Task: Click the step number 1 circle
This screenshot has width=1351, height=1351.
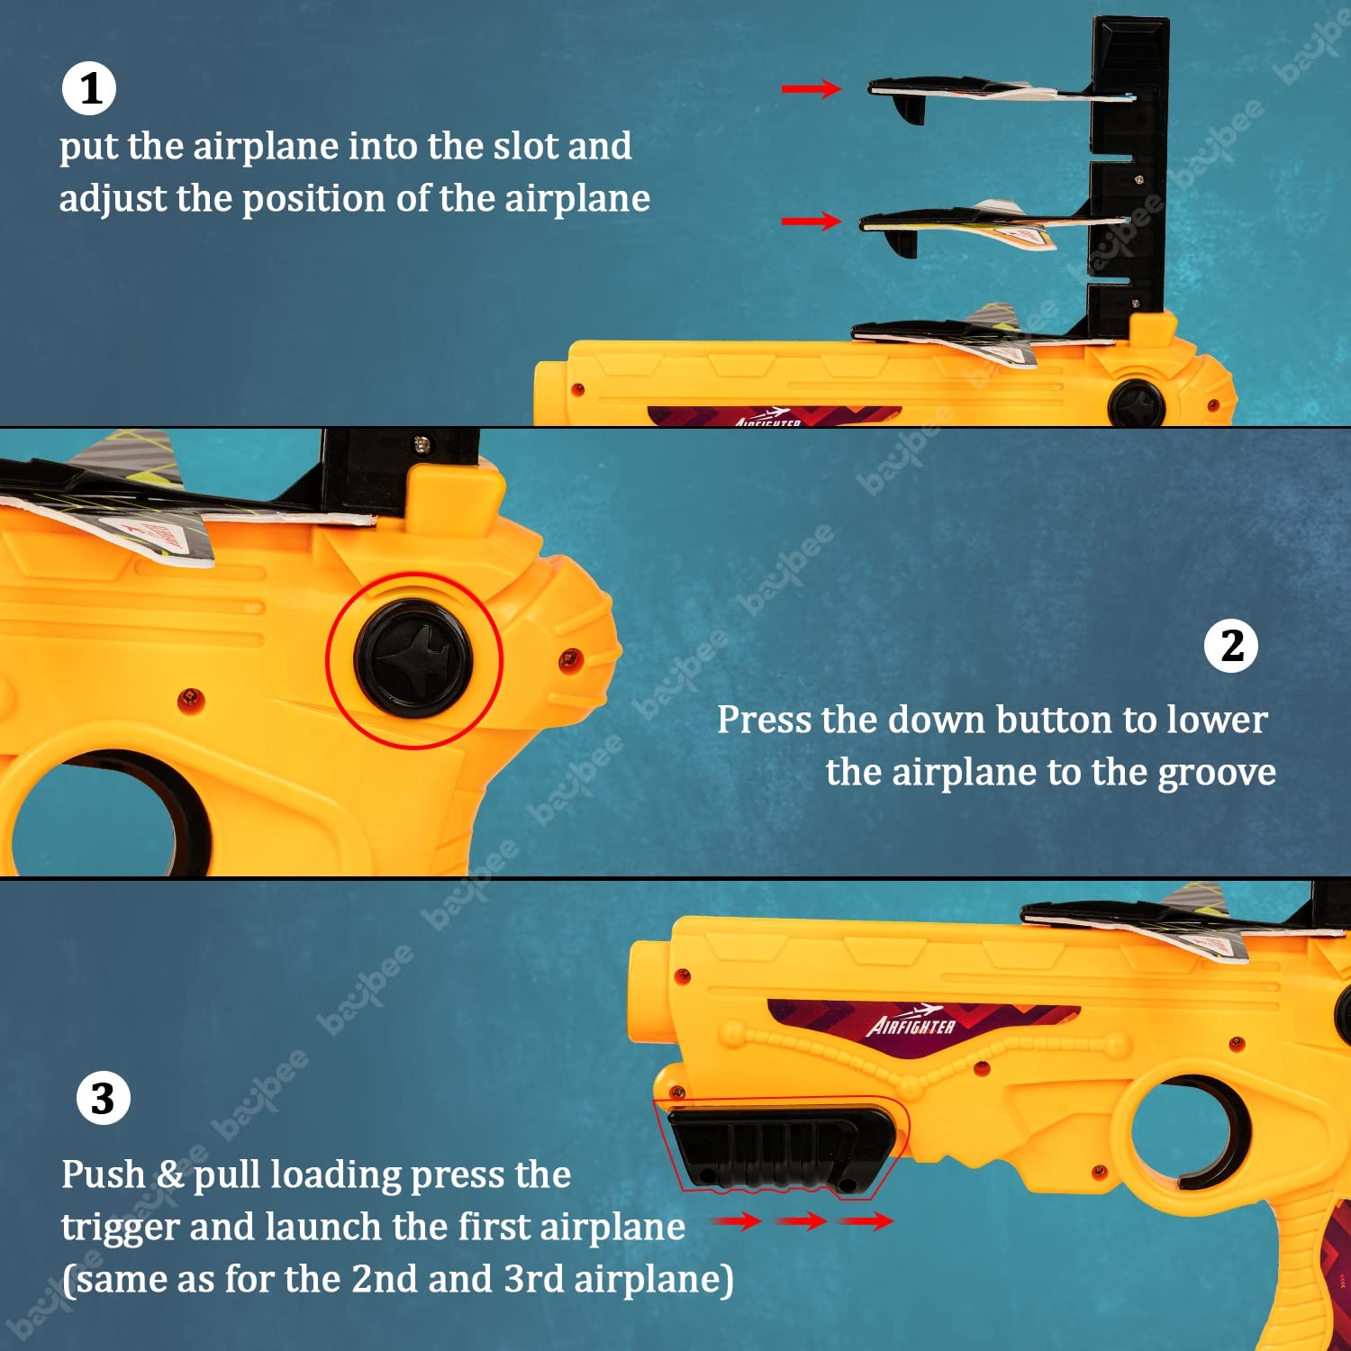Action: (x=89, y=88)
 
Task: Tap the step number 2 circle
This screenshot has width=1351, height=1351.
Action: (x=1231, y=646)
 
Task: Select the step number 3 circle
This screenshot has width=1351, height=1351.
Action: (x=103, y=1098)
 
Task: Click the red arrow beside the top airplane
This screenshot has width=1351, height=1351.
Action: (x=811, y=88)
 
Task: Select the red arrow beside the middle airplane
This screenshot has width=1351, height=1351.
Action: (x=811, y=221)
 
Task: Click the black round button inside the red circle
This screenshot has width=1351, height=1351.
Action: (x=413, y=659)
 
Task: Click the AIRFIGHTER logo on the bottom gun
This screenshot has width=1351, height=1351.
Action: (x=911, y=1022)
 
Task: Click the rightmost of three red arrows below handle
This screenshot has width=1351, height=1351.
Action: (x=866, y=1220)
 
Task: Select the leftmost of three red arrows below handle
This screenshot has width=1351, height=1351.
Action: (x=737, y=1220)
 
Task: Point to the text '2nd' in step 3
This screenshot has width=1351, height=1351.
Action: (x=385, y=1279)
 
